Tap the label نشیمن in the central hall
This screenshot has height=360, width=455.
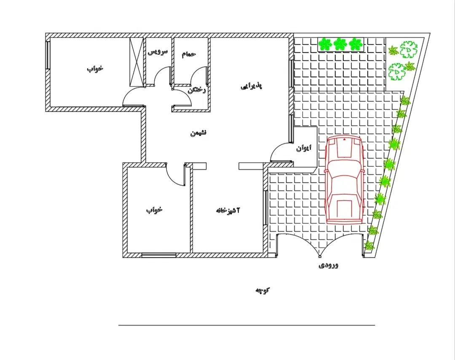[x=198, y=133]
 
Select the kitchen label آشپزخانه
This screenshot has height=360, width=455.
[x=228, y=210]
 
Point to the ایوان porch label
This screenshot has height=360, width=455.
[x=303, y=148]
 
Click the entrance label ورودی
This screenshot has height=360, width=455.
[x=329, y=265]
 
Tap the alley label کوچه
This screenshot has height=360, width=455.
[x=262, y=291]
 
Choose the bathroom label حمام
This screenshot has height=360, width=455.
[x=189, y=54]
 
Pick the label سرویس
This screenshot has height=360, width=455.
[x=158, y=52]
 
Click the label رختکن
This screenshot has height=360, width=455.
[x=196, y=90]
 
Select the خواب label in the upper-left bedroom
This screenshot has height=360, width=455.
[x=95, y=69]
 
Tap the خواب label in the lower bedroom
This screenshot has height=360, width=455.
[x=154, y=210]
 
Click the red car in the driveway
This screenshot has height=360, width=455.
[x=345, y=180]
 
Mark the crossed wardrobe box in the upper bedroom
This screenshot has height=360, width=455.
[x=136, y=62]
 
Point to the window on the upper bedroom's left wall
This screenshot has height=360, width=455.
[x=48, y=55]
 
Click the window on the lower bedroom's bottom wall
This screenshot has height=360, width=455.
[x=159, y=255]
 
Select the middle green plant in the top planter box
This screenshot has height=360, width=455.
[x=340, y=44]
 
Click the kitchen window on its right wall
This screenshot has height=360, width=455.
[x=265, y=208]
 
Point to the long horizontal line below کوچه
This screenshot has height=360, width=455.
[x=246, y=325]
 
